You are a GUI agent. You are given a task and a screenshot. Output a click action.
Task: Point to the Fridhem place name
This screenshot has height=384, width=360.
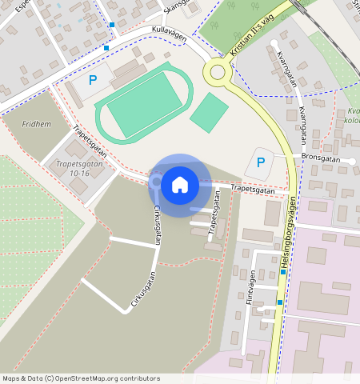[35, 125]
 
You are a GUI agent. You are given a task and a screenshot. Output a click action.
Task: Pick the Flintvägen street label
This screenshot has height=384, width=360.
[250, 288]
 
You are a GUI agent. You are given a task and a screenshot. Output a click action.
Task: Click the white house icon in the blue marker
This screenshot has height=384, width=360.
[180, 185]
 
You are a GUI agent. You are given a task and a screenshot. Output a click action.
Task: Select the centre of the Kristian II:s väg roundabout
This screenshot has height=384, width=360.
[218, 73]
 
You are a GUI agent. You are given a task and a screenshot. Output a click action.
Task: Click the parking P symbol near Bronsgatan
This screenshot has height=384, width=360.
[260, 162]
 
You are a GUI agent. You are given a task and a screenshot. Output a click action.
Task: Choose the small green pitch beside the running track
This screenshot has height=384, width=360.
[209, 113]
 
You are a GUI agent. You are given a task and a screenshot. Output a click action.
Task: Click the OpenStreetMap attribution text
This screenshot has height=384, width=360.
[81, 378]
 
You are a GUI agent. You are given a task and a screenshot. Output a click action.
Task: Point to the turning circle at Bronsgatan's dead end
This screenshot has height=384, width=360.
[351, 161]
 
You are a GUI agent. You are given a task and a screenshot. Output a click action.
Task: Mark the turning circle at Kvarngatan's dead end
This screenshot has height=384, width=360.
[274, 43]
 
